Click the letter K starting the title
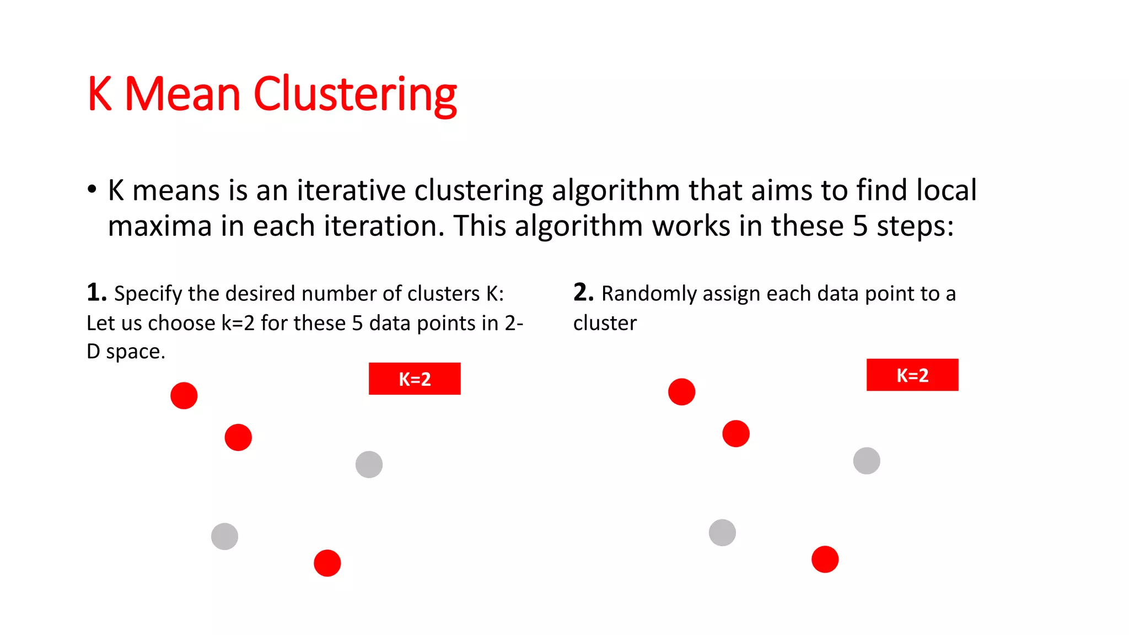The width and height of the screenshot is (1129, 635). coord(100,95)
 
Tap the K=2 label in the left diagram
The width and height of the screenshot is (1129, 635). coord(415,379)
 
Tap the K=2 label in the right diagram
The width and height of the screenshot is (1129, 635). coord(912,375)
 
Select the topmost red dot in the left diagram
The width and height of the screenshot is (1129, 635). coord(184,396)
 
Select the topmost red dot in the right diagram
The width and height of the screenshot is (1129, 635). coord(681,392)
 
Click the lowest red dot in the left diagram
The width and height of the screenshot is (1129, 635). coord(327,563)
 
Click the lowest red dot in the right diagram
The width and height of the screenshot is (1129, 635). coord(825,559)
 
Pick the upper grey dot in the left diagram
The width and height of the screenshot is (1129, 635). coord(369,464)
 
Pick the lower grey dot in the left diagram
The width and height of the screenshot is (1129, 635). coord(224,536)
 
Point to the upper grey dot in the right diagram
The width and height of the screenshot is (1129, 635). coord(867,461)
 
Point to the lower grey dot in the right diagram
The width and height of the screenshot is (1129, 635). coord(722,532)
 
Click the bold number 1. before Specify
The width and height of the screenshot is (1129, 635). coord(96,292)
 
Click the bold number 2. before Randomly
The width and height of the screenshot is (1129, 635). coord(583,292)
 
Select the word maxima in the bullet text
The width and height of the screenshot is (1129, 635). coord(160,227)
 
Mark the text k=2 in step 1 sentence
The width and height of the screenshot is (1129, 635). coord(238,323)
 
